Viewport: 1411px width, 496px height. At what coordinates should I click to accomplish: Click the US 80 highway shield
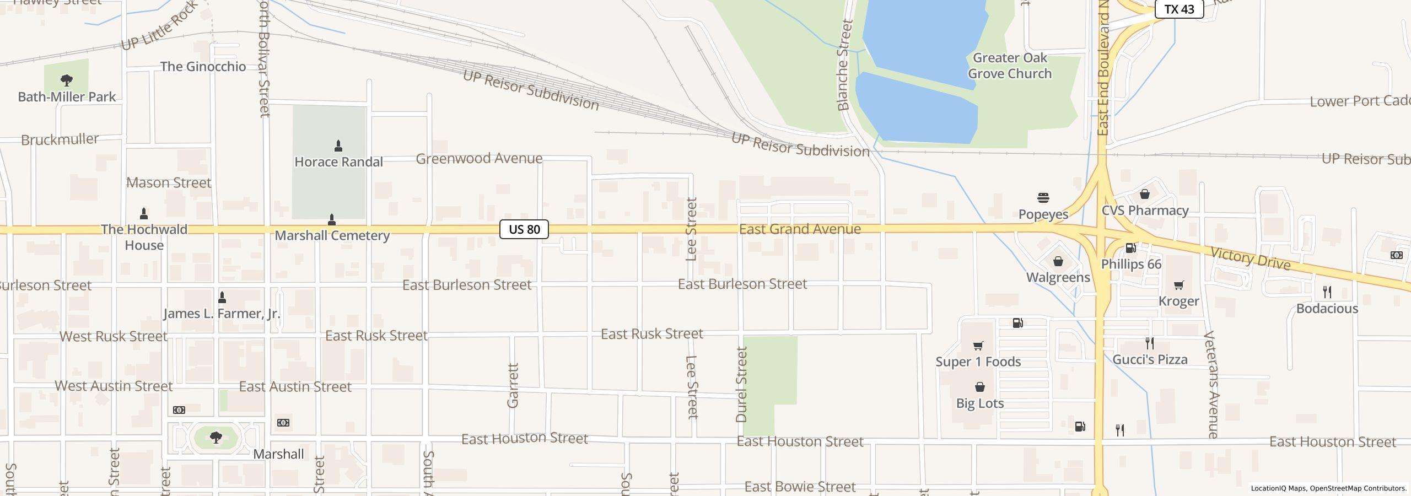(x=524, y=229)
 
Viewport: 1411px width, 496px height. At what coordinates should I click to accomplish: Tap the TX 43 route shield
(x=1178, y=9)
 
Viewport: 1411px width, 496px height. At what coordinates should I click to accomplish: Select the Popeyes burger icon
(x=1043, y=198)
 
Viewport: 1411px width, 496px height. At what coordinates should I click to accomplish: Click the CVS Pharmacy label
(x=1145, y=211)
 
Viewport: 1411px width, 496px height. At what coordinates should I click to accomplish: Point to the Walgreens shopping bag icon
(x=1058, y=261)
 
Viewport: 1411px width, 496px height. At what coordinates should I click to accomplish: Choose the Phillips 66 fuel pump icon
(x=1130, y=248)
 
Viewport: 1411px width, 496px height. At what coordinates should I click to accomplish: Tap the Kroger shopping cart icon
(x=1178, y=285)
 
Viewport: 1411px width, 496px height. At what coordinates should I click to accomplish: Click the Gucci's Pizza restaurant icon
(x=1149, y=343)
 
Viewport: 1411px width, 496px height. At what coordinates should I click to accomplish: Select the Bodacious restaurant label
(x=1327, y=309)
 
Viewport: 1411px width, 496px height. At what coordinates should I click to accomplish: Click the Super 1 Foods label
(x=978, y=362)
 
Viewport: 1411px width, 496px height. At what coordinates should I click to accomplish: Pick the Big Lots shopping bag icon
(x=979, y=387)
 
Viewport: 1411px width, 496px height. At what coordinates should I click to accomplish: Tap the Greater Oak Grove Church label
(x=1010, y=66)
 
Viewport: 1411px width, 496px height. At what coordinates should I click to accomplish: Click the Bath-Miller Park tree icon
(x=66, y=80)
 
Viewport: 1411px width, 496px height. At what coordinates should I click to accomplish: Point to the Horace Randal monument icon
(x=338, y=146)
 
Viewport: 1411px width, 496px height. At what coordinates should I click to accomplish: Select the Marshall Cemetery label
(x=332, y=236)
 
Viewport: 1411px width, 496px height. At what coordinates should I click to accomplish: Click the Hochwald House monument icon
(x=144, y=213)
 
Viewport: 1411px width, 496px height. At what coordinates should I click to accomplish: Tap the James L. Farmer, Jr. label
(x=222, y=314)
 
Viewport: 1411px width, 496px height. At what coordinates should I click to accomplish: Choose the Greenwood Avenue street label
(x=479, y=159)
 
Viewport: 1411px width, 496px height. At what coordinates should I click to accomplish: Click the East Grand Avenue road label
(x=800, y=229)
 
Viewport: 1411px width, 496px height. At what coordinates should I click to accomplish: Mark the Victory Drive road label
(x=1250, y=258)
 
